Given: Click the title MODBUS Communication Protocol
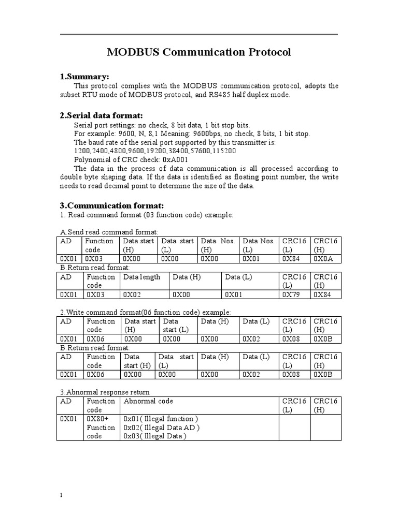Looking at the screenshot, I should [x=198, y=52].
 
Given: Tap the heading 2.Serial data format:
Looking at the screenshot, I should [x=102, y=115].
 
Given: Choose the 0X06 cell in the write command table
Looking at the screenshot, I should [x=96, y=338].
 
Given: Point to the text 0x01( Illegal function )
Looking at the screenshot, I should [x=161, y=419].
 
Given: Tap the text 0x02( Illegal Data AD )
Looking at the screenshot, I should [x=162, y=428].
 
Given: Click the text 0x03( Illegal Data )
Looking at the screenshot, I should [x=155, y=436].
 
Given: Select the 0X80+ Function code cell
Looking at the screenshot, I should [x=101, y=428].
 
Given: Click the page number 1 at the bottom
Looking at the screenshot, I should [x=61, y=495].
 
